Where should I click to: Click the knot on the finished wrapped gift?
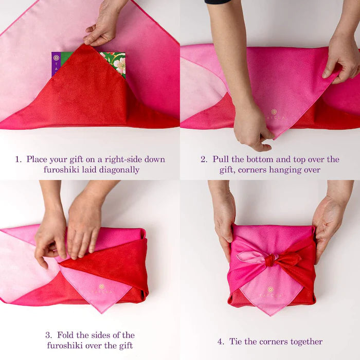pyautogui.click(x=271, y=260)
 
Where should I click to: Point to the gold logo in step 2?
pyautogui.click(x=274, y=112)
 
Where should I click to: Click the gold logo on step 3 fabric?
pyautogui.click(x=102, y=286)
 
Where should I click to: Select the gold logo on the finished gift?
pyautogui.click(x=271, y=290)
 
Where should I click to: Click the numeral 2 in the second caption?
pyautogui.click(x=203, y=159)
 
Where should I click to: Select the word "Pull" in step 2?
pyautogui.click(x=221, y=159)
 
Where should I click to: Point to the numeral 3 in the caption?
pyautogui.click(x=48, y=335)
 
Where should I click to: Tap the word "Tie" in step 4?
pyautogui.click(x=236, y=341)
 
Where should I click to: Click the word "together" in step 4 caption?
pyautogui.click(x=307, y=342)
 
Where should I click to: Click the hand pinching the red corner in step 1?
pyautogui.click(x=103, y=25)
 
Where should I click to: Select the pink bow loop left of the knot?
pyautogui.click(x=251, y=257)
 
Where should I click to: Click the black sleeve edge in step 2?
pyautogui.click(x=218, y=2)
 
